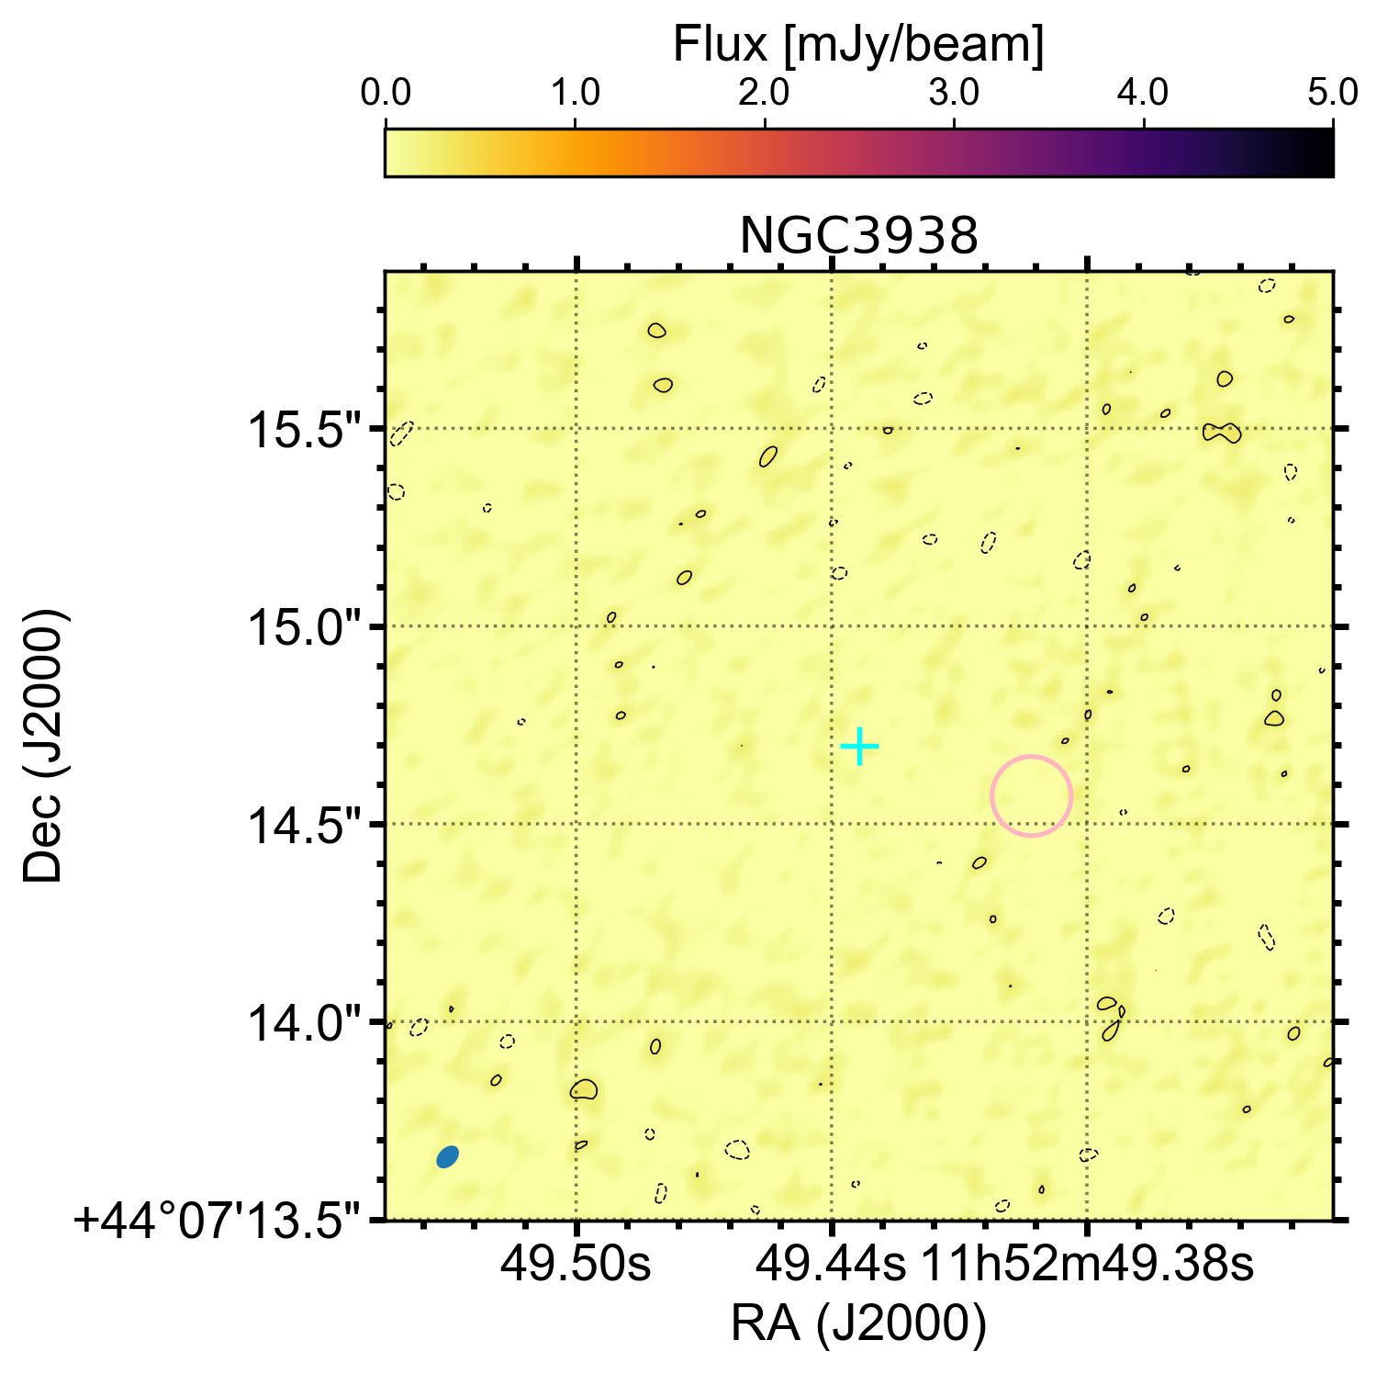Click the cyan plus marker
pyautogui.click(x=859, y=746)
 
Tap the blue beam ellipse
pyautogui.click(x=447, y=1156)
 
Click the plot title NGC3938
pyautogui.click(x=858, y=236)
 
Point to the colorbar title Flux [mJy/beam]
pyautogui.click(x=858, y=45)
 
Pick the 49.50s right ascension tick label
pyautogui.click(x=575, y=1266)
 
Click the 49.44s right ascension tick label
pyautogui.click(x=831, y=1266)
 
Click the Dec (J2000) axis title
pyautogui.click(x=43, y=745)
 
